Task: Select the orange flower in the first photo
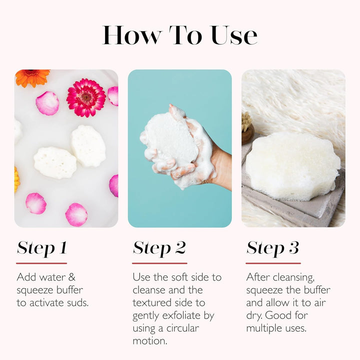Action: click(32, 77)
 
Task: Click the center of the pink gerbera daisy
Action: click(86, 97)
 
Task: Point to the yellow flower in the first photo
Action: click(16, 179)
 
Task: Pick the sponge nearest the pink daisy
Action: click(88, 145)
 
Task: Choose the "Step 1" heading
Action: click(41, 248)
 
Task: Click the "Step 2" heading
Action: click(159, 248)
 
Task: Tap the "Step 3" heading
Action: click(272, 248)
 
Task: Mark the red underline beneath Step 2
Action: click(159, 263)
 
